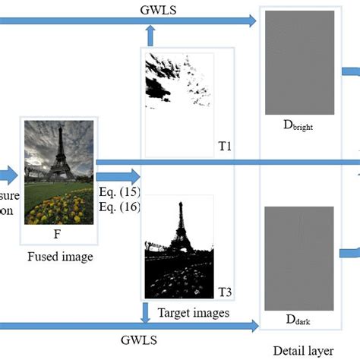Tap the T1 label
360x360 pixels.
click(x=224, y=144)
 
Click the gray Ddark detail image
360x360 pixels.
click(x=292, y=259)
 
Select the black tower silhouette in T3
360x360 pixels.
click(x=180, y=228)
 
